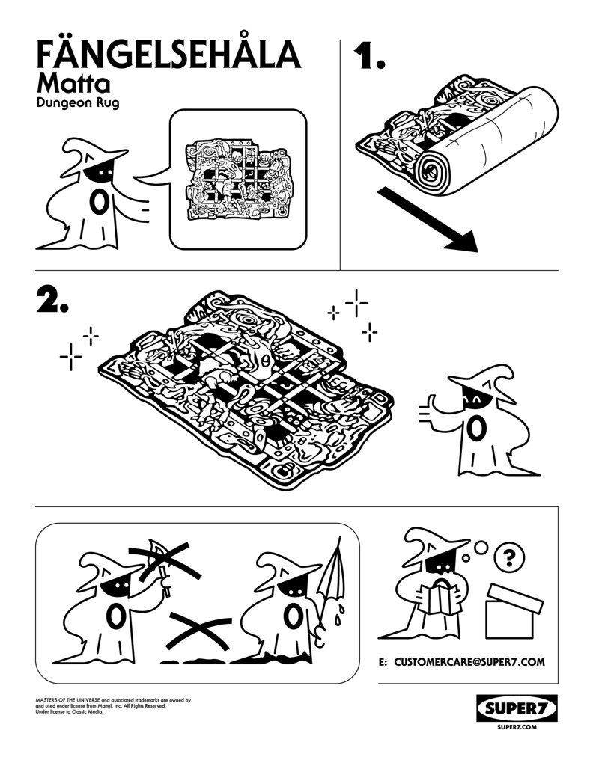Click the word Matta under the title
73,84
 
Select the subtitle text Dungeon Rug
78,103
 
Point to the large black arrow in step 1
428,220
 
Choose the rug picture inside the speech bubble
239,179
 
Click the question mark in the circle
509,557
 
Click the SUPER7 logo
517,708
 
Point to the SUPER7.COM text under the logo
517,727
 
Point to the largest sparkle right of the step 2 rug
356,302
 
